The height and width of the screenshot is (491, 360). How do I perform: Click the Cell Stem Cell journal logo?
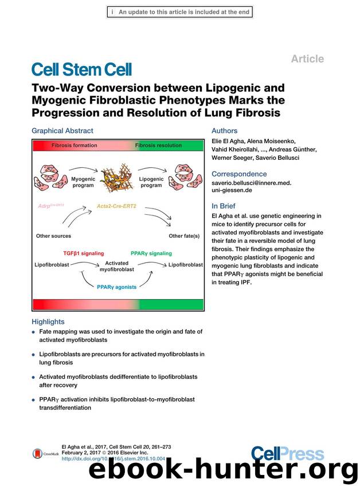(x=81, y=70)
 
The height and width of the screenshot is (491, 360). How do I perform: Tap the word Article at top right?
(x=307, y=59)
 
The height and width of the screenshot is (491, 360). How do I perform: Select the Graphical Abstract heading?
(x=62, y=131)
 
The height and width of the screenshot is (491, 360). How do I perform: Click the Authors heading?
(x=224, y=131)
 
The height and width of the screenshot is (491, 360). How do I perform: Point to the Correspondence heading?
(x=239, y=174)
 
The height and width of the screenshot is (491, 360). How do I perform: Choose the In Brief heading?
(x=224, y=206)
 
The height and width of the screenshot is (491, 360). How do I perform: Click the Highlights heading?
(x=48, y=321)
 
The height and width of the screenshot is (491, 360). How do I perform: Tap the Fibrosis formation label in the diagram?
(x=75, y=146)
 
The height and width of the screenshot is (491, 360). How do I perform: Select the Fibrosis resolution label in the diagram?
(x=158, y=146)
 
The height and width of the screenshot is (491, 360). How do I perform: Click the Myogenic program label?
(x=83, y=182)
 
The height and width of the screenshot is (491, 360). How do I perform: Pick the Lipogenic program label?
(x=151, y=182)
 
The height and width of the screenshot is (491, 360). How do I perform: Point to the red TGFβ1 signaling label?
(x=85, y=253)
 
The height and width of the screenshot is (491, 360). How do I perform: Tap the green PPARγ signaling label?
(x=151, y=253)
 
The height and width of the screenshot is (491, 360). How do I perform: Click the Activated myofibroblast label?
(x=117, y=266)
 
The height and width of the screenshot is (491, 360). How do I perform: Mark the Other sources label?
(x=53, y=235)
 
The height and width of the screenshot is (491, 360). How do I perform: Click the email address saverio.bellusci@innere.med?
(x=252, y=183)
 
